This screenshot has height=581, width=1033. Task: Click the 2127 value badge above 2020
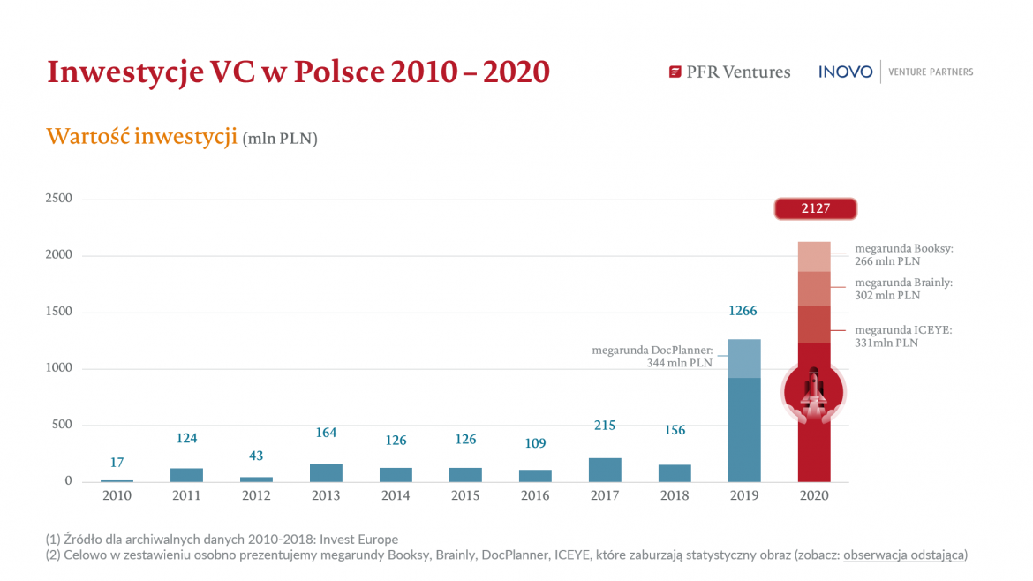click(815, 209)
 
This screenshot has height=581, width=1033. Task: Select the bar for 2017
click(605, 470)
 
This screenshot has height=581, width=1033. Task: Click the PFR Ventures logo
click(729, 72)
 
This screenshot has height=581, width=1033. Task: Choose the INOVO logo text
click(845, 72)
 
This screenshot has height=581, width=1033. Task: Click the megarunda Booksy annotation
click(903, 255)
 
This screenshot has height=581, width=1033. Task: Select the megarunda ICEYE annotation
click(903, 336)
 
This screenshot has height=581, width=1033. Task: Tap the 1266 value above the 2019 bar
click(743, 312)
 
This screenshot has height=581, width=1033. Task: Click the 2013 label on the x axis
click(326, 496)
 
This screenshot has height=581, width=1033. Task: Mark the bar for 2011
click(186, 475)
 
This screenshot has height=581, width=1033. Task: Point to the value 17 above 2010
click(117, 463)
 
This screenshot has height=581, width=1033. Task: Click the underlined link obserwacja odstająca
click(905, 555)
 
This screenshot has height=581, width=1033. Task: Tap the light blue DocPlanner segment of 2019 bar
click(744, 358)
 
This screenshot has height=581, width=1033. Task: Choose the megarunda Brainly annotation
click(903, 289)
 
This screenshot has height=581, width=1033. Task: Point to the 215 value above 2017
click(605, 426)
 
